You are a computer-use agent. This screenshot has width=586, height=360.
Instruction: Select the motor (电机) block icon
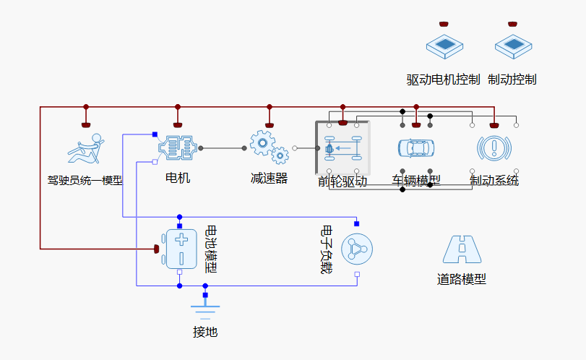pos(178,148)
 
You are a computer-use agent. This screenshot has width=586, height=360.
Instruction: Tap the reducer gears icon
pos(269,147)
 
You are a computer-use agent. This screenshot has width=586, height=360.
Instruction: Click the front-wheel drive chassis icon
pos(342,148)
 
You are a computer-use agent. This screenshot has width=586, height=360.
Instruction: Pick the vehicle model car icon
pos(416,148)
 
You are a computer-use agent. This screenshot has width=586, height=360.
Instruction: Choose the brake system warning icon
pos(494,148)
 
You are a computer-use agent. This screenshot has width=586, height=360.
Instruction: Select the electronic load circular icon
pos(357,249)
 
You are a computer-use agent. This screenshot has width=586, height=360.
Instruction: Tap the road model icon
pos(462,249)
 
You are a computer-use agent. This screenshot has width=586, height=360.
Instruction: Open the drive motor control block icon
pos(444,46)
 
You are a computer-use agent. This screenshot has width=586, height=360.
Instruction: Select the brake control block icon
pos(512,46)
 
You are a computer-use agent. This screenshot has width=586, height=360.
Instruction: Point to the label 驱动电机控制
pos(443,80)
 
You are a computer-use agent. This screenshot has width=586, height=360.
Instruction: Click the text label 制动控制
pos(512,80)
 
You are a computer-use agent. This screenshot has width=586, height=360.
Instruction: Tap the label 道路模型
pos(462,280)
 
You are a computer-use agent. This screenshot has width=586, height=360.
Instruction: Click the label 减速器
pos(269,178)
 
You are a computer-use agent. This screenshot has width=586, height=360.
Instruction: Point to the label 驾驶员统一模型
pos(85,180)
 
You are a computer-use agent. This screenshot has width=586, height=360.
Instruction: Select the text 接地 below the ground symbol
pos(205,333)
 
